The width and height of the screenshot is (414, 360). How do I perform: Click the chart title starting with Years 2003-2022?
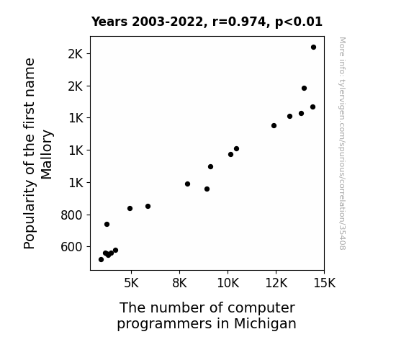tap(207, 22)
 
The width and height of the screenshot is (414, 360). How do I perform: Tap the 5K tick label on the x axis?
tap(131, 284)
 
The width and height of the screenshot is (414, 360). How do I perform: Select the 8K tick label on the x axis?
tap(179, 284)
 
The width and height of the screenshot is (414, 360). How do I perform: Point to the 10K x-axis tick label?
tap(228, 284)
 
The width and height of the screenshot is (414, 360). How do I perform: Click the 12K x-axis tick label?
tap(276, 284)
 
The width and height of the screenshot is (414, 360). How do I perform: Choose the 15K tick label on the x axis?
tap(325, 284)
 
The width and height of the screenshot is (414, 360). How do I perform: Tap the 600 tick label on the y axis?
tap(71, 247)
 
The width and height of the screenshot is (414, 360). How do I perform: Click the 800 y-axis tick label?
tap(71, 215)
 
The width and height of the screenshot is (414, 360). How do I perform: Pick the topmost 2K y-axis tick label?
tap(76, 54)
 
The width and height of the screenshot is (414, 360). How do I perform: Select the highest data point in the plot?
tap(313, 48)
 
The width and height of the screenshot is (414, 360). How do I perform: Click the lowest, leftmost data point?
tap(101, 260)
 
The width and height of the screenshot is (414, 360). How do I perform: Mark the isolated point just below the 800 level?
tap(107, 224)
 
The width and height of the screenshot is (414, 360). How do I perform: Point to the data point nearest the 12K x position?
tap(274, 126)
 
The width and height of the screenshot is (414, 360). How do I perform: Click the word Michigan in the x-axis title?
tap(265, 323)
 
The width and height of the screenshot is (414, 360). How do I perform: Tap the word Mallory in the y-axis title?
tap(47, 155)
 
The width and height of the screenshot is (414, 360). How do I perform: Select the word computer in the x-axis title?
tap(261, 308)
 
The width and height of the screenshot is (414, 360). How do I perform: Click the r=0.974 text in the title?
tap(239, 22)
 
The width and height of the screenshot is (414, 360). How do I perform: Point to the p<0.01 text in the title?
tap(299, 22)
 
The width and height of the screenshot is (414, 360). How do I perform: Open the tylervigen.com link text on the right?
tap(342, 143)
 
